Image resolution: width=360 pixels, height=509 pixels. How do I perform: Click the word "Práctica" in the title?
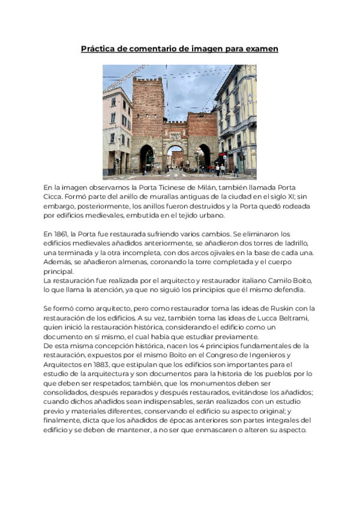[x=98, y=49]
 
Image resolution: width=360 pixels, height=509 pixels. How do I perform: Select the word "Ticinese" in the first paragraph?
[x=175, y=188]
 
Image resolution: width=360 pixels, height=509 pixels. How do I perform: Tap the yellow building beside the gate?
[x=236, y=120]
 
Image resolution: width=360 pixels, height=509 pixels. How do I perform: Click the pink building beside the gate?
[x=116, y=129]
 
